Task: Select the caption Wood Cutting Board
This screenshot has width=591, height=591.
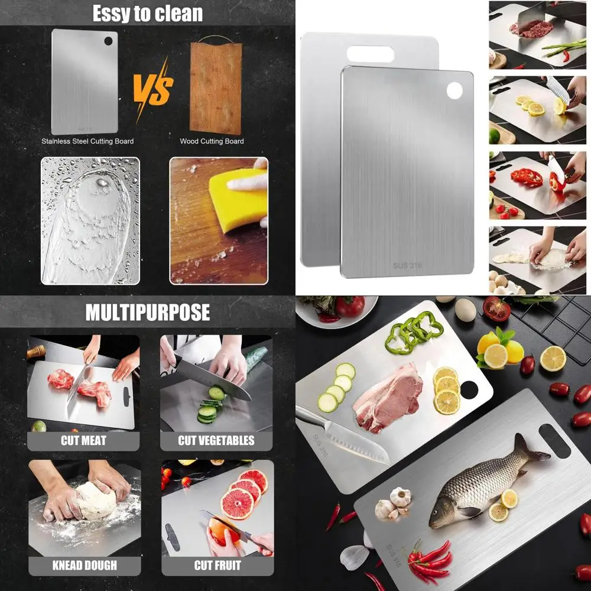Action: click(212, 141)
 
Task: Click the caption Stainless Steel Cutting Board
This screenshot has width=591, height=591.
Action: click(87, 141)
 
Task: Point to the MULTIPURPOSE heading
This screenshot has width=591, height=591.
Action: click(147, 313)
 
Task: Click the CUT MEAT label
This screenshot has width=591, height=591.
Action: click(83, 440)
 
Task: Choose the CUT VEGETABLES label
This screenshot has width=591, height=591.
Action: click(216, 440)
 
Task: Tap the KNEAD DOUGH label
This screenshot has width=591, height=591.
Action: click(85, 565)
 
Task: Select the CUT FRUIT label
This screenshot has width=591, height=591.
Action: click(217, 565)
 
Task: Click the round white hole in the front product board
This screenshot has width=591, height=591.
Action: click(454, 90)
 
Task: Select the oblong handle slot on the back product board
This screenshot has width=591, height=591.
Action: click(371, 54)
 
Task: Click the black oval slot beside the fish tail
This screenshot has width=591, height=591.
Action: click(554, 440)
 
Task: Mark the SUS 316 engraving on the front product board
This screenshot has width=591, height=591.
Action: click(408, 265)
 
